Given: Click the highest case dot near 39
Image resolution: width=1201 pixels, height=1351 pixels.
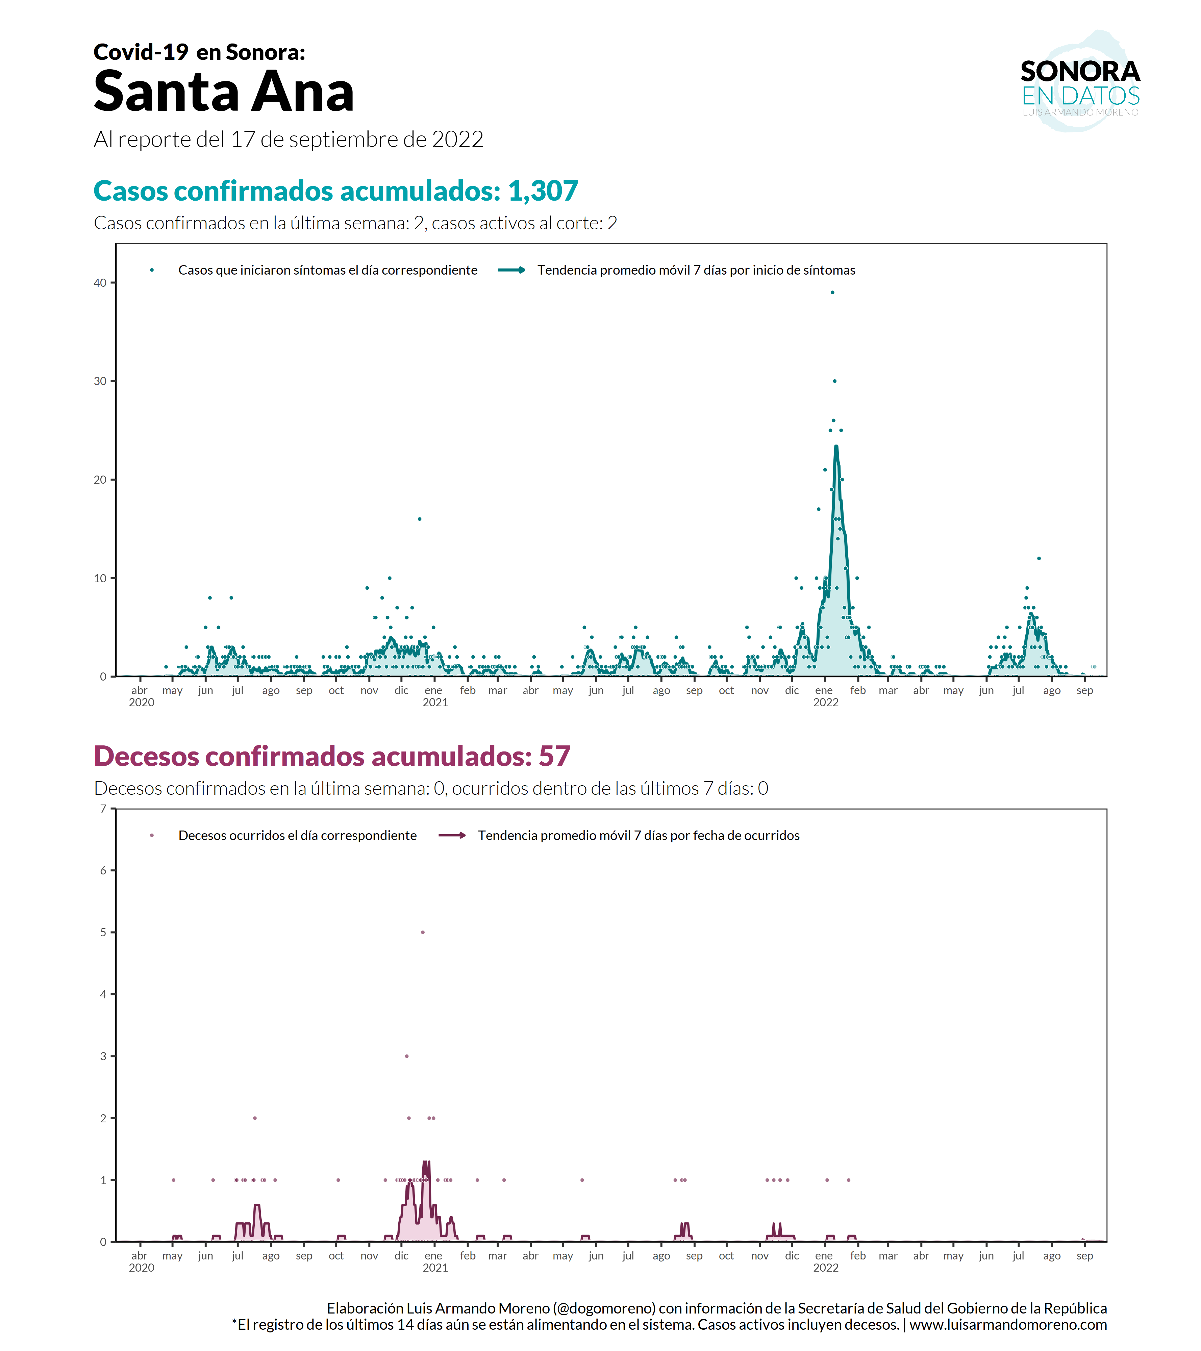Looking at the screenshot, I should pyautogui.click(x=832, y=292).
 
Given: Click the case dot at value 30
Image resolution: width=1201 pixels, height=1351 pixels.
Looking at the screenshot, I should pyautogui.click(x=834, y=381).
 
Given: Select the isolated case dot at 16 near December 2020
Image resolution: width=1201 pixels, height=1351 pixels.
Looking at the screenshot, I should pyautogui.click(x=419, y=519).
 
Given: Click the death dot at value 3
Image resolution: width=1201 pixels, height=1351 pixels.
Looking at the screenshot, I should pyautogui.click(x=406, y=1056).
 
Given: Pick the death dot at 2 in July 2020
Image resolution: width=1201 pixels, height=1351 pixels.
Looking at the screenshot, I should pyautogui.click(x=254, y=1118).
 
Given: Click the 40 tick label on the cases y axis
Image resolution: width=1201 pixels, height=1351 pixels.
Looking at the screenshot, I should pyautogui.click(x=100, y=283).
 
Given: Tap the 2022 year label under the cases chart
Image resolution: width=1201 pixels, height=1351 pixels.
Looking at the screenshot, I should pyautogui.click(x=826, y=703).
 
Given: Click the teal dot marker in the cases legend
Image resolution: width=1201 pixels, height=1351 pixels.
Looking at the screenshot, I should pyautogui.click(x=152, y=270).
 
